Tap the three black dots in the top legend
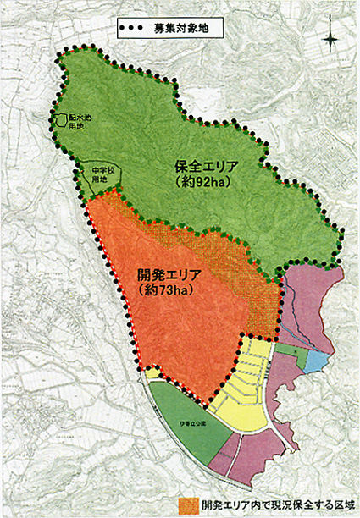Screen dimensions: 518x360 pos(134,27)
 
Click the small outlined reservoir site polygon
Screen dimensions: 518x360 pos(60,122)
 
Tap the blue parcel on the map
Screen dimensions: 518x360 pos(315,361)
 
